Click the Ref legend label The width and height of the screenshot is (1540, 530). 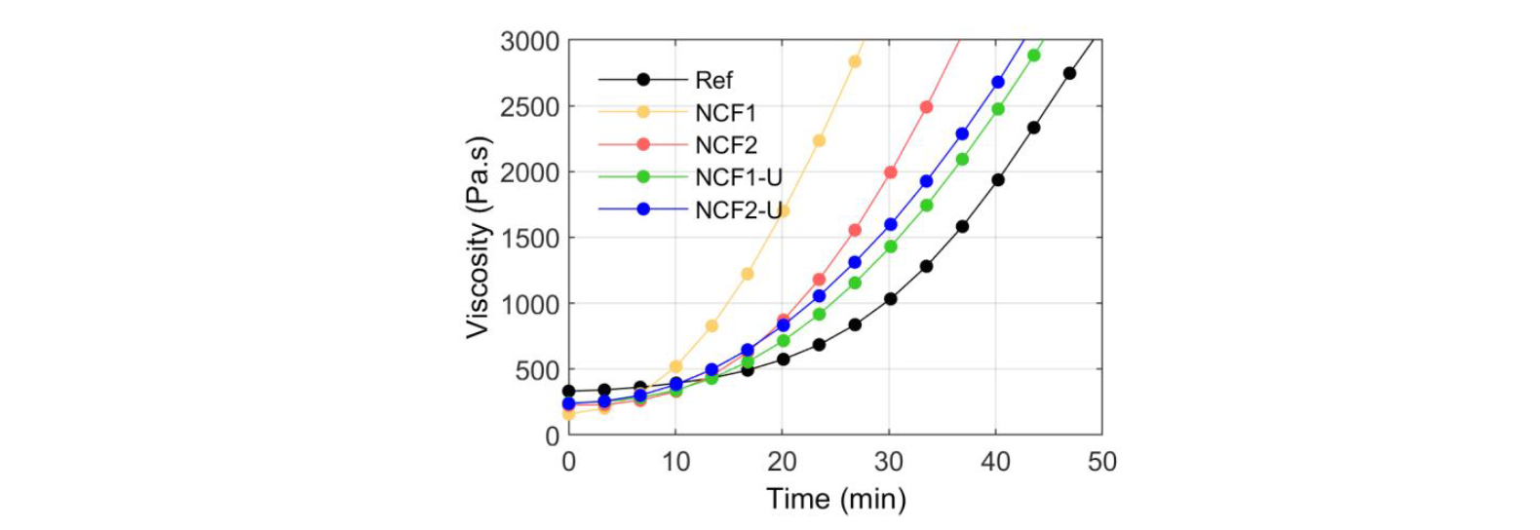[713, 81]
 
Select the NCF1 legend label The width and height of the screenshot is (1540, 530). [725, 113]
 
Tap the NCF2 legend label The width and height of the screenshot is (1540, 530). [725, 145]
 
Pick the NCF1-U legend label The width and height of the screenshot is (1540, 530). [738, 177]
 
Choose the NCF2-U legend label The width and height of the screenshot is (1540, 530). [738, 209]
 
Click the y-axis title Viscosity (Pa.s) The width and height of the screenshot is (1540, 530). [478, 238]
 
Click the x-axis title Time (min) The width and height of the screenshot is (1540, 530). [835, 499]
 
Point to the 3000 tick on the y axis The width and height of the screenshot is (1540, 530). [529, 42]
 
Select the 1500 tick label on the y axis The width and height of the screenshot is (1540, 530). [529, 239]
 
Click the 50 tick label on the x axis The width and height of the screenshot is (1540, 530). [1101, 462]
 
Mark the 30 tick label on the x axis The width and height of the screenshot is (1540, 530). [889, 462]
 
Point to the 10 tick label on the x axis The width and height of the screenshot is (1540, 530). [675, 462]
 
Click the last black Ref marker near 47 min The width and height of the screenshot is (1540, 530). [1069, 73]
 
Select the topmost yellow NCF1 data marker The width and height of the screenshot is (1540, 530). [855, 61]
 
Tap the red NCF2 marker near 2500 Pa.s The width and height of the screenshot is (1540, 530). [926, 107]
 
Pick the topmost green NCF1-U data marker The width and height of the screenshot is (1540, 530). [1033, 56]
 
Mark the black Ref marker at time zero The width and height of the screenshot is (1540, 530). [569, 391]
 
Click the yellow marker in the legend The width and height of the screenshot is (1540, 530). [643, 112]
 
